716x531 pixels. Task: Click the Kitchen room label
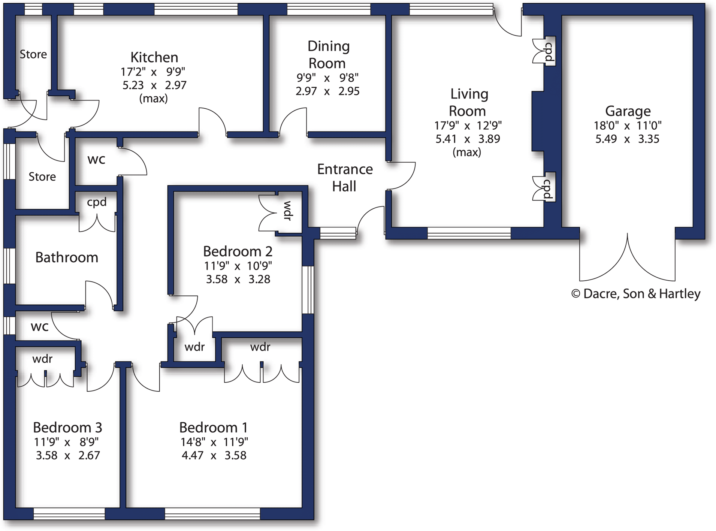154,57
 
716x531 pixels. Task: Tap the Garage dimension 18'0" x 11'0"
627,126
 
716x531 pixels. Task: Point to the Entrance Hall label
345,178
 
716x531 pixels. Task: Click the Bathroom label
67,257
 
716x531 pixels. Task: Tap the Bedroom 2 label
238,251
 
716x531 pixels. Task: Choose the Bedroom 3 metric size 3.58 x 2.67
68,455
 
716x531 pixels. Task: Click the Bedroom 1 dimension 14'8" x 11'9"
214,442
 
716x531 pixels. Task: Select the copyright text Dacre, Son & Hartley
635,293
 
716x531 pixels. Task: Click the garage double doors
627,259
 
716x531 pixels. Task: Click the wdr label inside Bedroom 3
42,359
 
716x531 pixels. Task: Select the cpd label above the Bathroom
97,202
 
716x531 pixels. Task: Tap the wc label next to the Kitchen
96,160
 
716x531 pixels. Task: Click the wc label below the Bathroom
39,326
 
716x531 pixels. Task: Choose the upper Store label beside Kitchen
33,54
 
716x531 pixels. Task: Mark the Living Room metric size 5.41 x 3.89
467,139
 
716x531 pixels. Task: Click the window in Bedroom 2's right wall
308,290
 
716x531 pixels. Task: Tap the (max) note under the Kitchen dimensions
153,99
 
